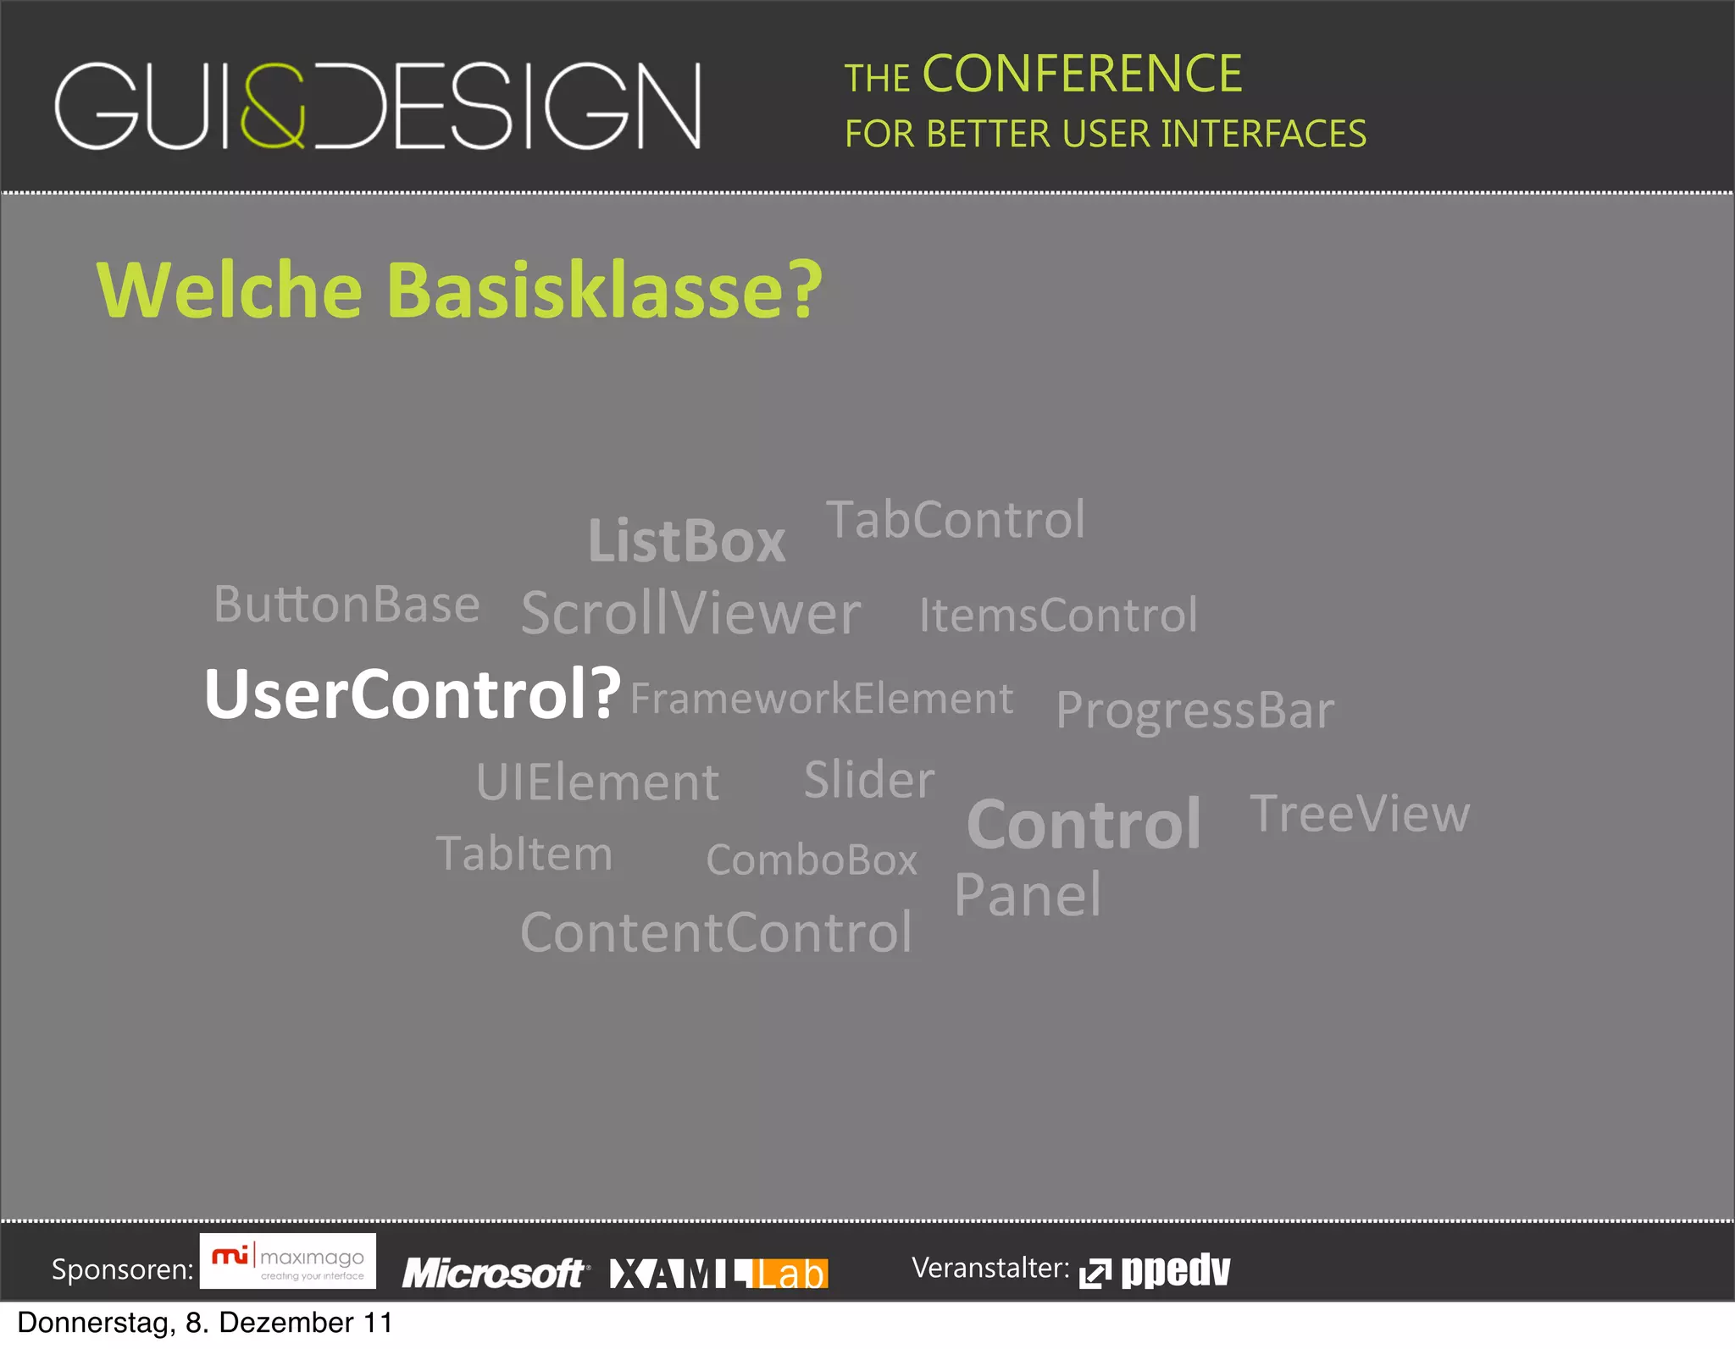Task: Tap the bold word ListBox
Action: point(686,541)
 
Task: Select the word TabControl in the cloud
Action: point(955,519)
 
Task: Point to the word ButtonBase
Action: point(346,605)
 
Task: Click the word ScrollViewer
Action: point(690,613)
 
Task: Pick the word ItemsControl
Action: point(1058,615)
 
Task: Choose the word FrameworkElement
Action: point(821,699)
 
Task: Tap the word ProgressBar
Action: point(1195,710)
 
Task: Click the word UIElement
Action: point(597,782)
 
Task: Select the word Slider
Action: point(868,779)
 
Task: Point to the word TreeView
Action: point(1359,814)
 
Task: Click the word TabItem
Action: point(524,854)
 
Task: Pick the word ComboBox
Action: point(811,860)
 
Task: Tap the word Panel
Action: point(1027,895)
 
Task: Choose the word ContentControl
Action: point(716,932)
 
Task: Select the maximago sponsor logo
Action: point(288,1262)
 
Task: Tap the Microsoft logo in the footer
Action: point(495,1273)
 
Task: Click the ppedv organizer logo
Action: point(1155,1271)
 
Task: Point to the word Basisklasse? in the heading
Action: point(604,290)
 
